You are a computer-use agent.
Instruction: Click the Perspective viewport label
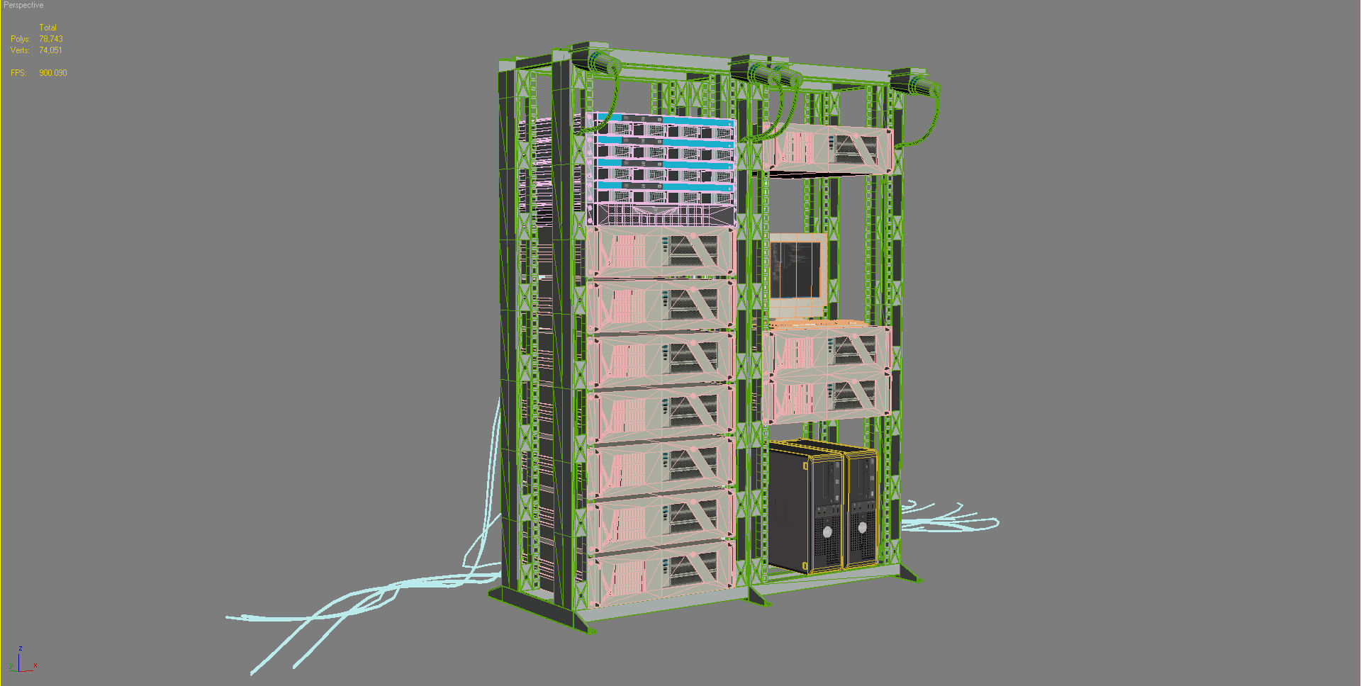[x=23, y=5]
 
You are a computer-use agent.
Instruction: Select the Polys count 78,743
[x=51, y=39]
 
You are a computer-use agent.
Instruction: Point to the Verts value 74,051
[x=50, y=50]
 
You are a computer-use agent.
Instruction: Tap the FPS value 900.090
[x=53, y=73]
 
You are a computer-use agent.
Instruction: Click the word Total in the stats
[x=47, y=28]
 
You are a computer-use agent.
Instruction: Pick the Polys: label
[x=20, y=39]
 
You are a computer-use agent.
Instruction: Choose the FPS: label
[x=18, y=73]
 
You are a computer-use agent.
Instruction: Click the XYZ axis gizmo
[x=21, y=661]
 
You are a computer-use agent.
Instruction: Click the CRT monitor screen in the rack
[x=795, y=271]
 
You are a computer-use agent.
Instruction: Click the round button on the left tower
[x=827, y=532]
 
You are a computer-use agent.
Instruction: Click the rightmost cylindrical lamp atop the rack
[x=919, y=86]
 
